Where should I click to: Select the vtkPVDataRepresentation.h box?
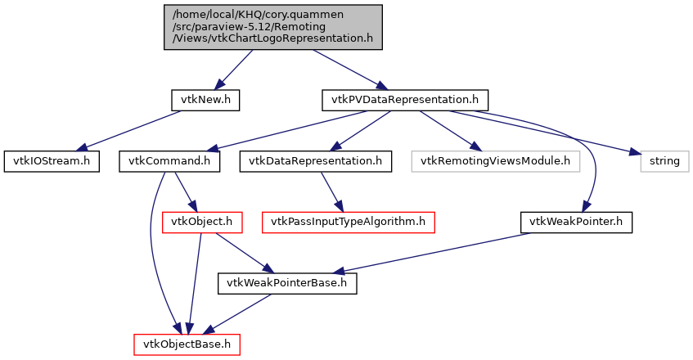click(405, 101)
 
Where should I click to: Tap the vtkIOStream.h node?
click(51, 161)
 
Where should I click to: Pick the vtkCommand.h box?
click(170, 161)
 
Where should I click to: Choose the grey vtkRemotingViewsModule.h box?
click(495, 161)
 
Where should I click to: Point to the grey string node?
click(664, 161)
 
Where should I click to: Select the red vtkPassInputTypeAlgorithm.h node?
click(347, 222)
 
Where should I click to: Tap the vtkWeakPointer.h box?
click(576, 222)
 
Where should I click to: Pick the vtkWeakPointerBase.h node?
click(286, 284)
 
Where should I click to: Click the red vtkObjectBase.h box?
click(187, 344)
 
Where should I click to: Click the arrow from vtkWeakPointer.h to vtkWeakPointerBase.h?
click(434, 253)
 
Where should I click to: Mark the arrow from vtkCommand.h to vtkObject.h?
click(182, 191)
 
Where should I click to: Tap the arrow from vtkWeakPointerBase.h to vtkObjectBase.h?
click(239, 313)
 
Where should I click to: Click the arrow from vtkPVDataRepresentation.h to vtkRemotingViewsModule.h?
click(450, 131)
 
